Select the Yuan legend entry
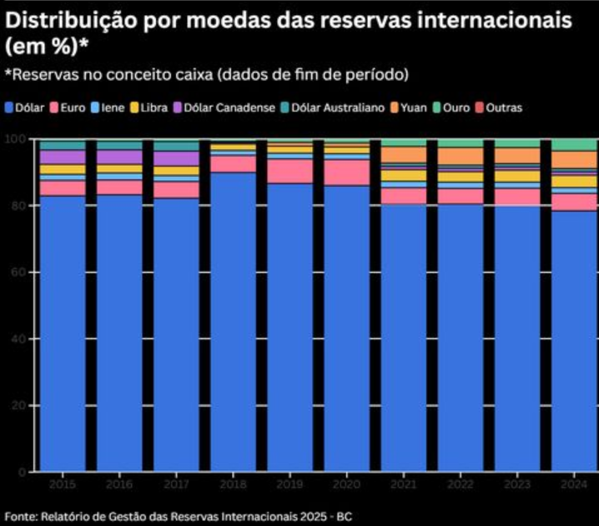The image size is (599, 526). point(414,108)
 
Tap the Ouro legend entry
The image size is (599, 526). point(456,108)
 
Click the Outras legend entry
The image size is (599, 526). point(503,108)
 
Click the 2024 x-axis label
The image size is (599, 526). point(575,483)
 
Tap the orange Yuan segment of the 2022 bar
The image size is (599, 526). point(461,156)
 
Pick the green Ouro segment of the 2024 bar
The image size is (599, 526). point(574,145)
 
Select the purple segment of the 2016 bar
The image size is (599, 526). point(120,157)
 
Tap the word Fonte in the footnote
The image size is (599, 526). point(20,517)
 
